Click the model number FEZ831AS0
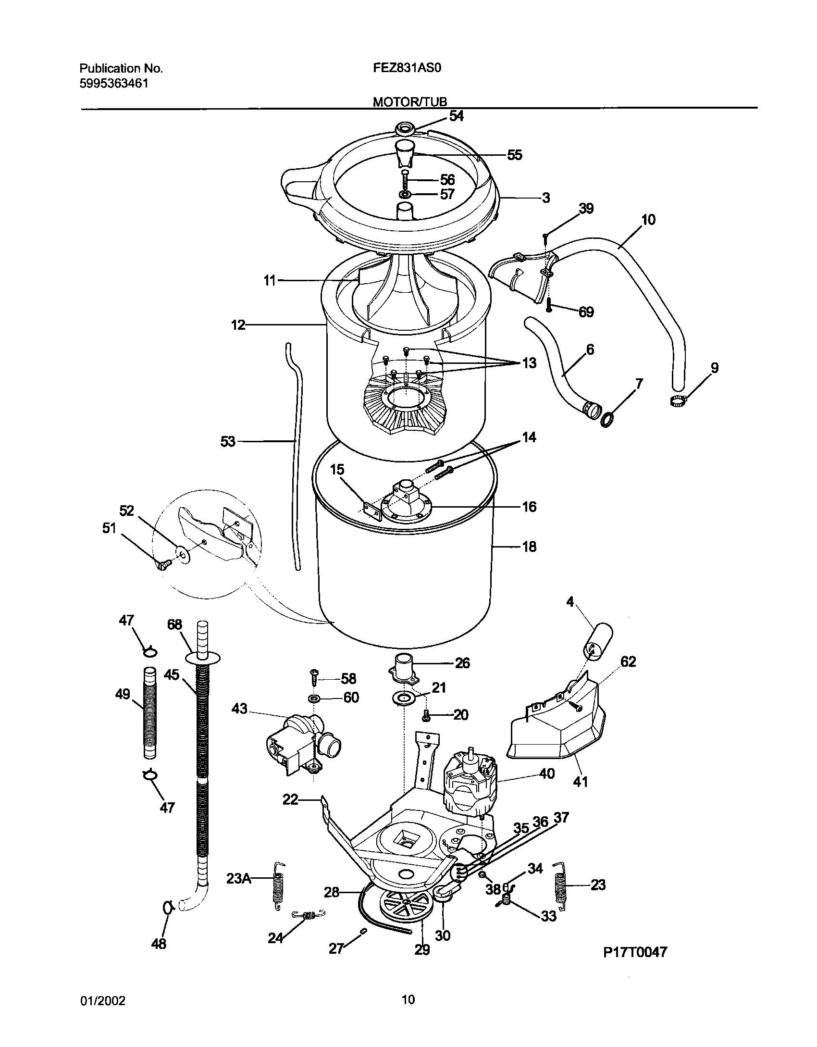[x=408, y=68]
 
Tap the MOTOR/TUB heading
[x=410, y=101]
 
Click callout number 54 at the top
[x=456, y=116]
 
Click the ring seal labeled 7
[x=607, y=420]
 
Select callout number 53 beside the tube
[x=228, y=441]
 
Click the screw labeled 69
[x=549, y=304]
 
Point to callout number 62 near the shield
[x=628, y=661]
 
